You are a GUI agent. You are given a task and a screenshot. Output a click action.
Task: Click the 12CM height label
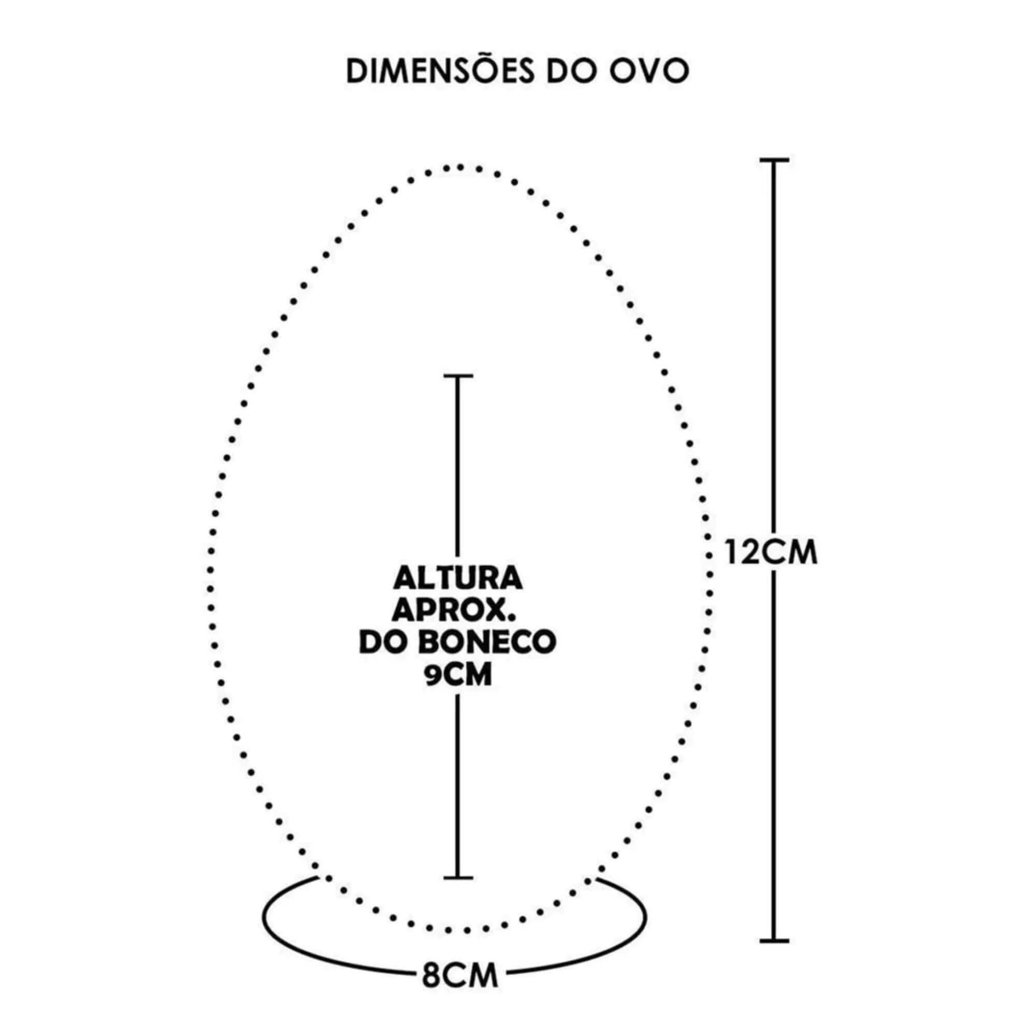coord(771,552)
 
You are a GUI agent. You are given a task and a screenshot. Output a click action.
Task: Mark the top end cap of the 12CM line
coord(774,160)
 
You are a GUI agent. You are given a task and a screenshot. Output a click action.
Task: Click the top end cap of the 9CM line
coord(458,376)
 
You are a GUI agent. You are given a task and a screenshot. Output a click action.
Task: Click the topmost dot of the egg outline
coord(459,168)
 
